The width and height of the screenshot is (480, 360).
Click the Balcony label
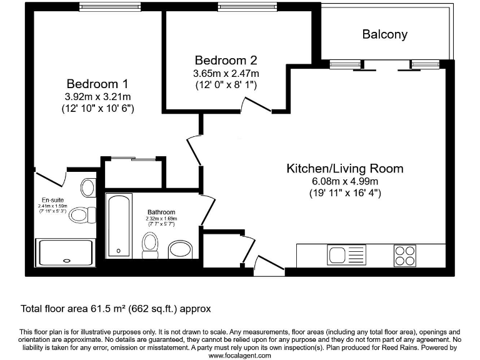(384, 34)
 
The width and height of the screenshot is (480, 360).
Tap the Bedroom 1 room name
(97, 84)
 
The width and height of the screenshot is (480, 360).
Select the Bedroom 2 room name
(226, 61)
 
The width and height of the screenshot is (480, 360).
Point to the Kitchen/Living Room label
(344, 168)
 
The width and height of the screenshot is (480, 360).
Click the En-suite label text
(52, 201)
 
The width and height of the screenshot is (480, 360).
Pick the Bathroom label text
(161, 212)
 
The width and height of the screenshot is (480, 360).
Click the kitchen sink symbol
(346, 256)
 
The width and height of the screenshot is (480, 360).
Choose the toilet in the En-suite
(81, 215)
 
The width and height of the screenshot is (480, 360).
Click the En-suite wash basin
(88, 187)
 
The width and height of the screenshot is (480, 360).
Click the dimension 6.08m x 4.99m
(345, 181)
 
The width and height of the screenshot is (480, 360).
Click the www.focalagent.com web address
(240, 355)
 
